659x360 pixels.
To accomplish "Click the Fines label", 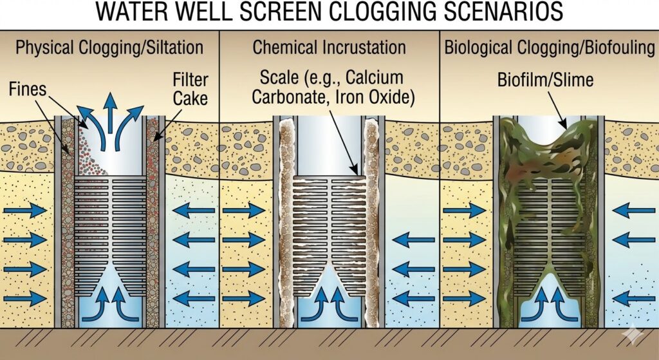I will (28, 89).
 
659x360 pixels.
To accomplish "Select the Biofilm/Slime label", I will (545, 81).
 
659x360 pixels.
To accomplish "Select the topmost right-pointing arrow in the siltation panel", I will (25, 211).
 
